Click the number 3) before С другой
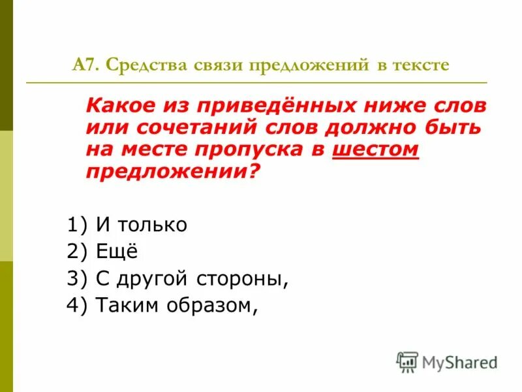[x=76, y=279]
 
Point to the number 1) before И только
[x=76, y=225]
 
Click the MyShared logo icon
[x=407, y=361]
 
